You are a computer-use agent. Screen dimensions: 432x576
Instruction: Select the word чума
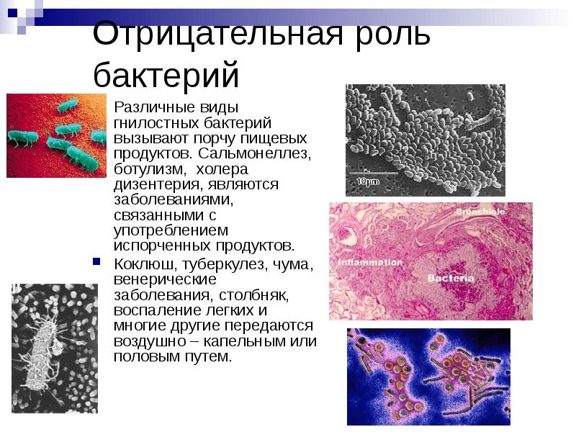(292, 264)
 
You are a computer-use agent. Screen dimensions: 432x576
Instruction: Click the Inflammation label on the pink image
(371, 263)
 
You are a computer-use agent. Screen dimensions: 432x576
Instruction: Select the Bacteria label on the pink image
(451, 278)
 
